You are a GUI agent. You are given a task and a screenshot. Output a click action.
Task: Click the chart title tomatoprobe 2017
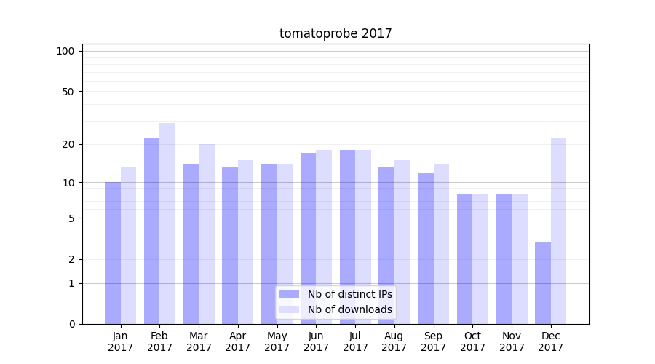(336, 33)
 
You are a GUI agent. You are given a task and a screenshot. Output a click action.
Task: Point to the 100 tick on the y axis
(65, 51)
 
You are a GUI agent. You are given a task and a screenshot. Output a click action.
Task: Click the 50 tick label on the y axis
(68, 92)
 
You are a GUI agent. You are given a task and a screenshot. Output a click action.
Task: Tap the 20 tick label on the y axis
(68, 144)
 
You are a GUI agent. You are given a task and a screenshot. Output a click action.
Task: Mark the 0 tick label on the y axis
(71, 324)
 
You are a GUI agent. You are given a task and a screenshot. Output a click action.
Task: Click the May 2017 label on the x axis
(277, 341)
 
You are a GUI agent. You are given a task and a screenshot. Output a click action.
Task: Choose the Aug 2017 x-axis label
(394, 341)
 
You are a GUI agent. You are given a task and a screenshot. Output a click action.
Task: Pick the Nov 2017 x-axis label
(512, 341)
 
